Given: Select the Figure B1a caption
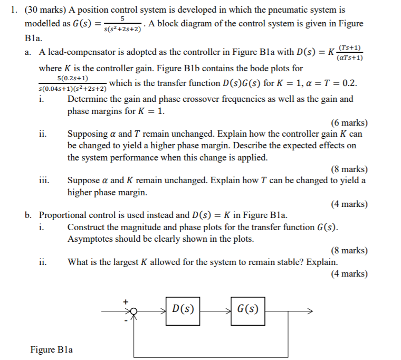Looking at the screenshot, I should point(52,349).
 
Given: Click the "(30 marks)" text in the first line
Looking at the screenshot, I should point(43,10).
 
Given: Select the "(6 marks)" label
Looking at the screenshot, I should point(349,122).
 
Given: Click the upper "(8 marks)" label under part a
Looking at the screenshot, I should point(349,169).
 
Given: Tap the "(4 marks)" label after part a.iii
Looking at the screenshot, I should point(349,204).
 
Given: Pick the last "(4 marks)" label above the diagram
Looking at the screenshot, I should point(349,273).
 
